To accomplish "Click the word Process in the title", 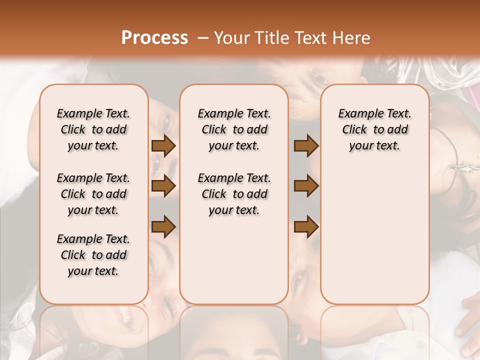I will (154, 38).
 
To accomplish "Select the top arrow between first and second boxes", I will (163, 146).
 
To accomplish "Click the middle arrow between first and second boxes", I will (163, 186).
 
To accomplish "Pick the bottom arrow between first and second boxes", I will (163, 226).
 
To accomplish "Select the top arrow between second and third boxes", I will (306, 146).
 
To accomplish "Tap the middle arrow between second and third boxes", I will (306, 186).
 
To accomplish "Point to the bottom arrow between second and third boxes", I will (306, 226).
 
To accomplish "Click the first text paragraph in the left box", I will (93, 129).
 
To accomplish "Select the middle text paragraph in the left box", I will (93, 194).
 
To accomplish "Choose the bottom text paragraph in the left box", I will (93, 255).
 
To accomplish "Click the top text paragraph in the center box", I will (234, 129).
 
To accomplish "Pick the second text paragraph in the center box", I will (234, 194).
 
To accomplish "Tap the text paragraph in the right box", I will (374, 129).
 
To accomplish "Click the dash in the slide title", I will (203, 38).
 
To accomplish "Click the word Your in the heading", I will (232, 38).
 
